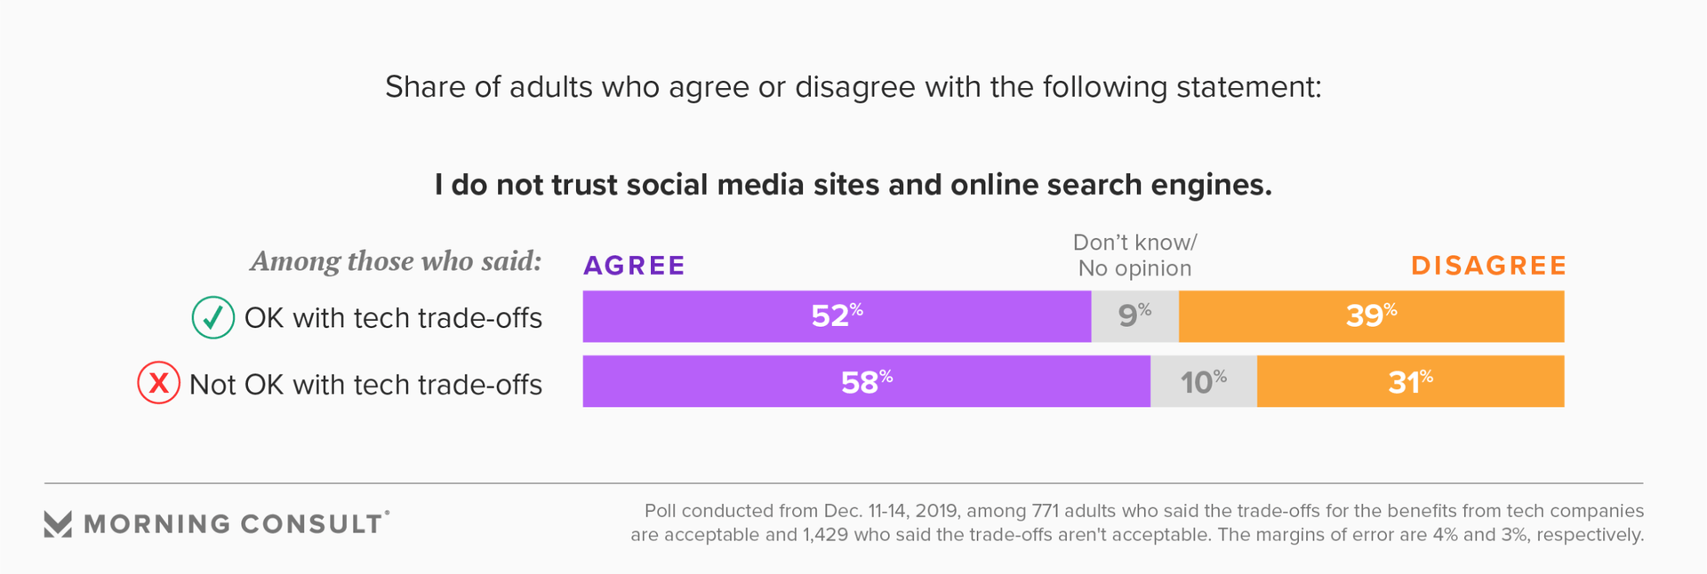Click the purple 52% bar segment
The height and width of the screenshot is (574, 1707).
point(837,316)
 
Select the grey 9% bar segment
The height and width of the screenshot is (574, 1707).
point(1134,316)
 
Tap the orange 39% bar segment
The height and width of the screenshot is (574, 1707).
point(1371,316)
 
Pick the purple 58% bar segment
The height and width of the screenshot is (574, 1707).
point(866,382)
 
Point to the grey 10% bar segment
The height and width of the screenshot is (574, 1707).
point(1203,382)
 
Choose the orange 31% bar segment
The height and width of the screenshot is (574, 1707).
point(1410,382)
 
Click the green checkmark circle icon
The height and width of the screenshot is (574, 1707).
point(213,317)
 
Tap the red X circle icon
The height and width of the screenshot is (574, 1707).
point(158,384)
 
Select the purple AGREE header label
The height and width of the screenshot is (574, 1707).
point(634,266)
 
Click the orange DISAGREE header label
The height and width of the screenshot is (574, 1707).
point(1488,266)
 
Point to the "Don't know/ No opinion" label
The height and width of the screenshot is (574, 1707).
point(1134,255)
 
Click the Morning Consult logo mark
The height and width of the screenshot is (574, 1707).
point(58,524)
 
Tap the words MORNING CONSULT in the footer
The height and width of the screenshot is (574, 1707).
point(233,524)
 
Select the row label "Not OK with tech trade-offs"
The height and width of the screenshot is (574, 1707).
point(365,385)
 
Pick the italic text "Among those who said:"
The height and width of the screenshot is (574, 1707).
point(396,261)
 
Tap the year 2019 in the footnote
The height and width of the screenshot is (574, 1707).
point(938,511)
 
